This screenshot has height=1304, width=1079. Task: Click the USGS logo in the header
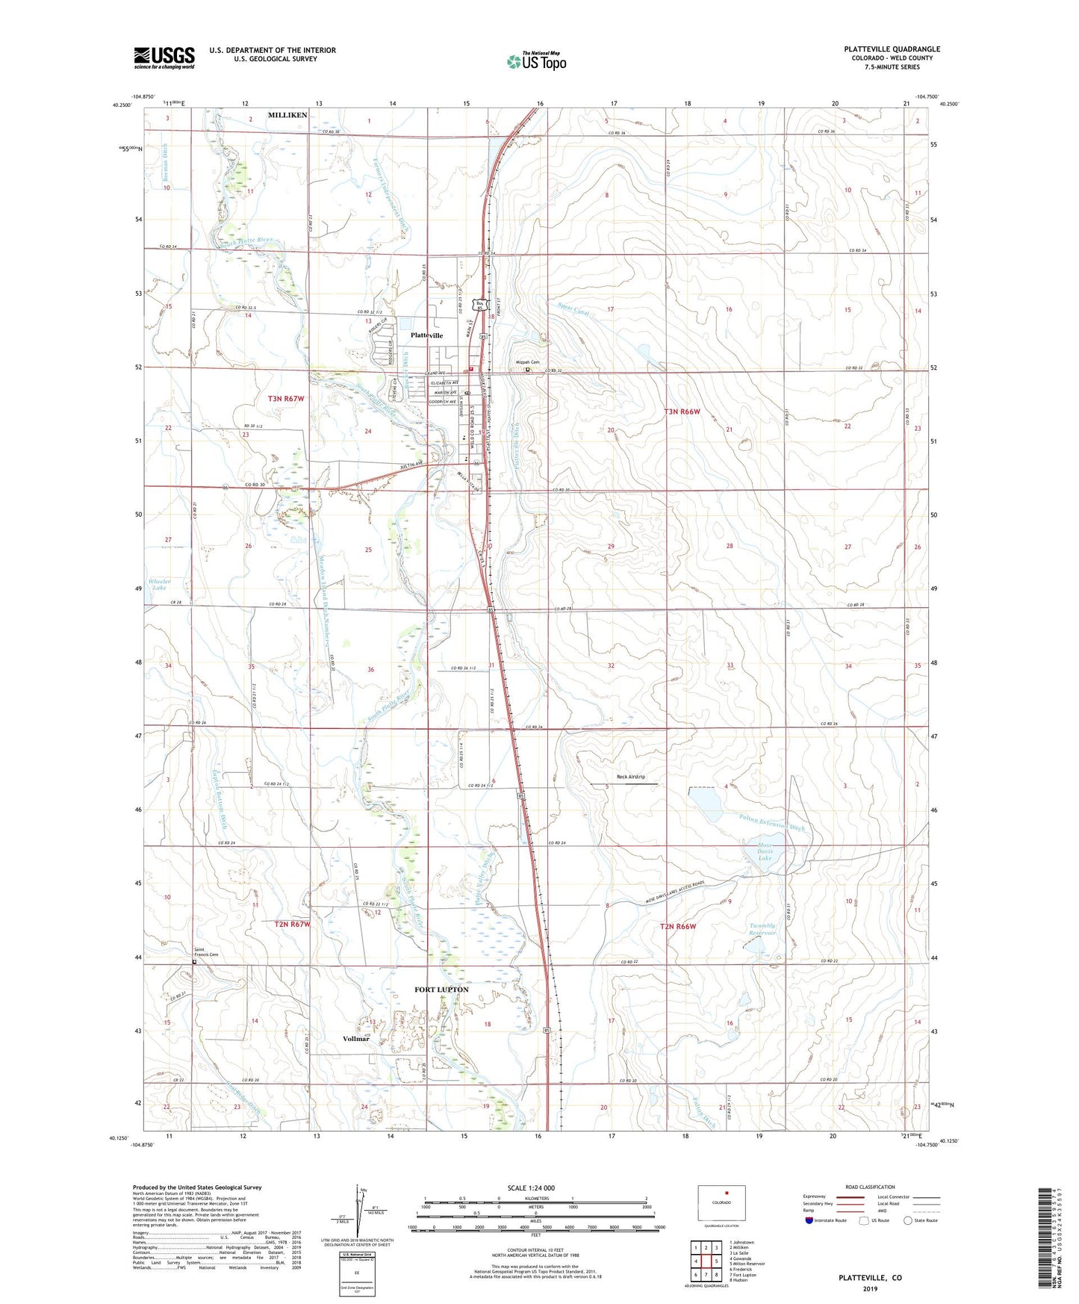(x=164, y=57)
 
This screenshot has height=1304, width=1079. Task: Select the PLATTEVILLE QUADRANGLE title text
(x=892, y=49)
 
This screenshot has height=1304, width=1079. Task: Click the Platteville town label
(x=426, y=335)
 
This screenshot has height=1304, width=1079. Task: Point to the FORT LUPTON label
(x=441, y=990)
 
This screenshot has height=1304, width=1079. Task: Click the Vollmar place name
(x=356, y=1039)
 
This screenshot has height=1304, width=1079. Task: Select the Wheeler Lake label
(x=159, y=585)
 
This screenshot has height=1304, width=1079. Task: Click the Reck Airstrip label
(x=631, y=777)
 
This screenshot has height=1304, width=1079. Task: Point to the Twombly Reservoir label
(x=762, y=930)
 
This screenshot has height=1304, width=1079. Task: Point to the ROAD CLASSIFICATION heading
(x=870, y=1187)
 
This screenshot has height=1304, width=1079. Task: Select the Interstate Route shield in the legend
(x=809, y=1220)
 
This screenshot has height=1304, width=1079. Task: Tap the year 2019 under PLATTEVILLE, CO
(x=869, y=1288)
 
